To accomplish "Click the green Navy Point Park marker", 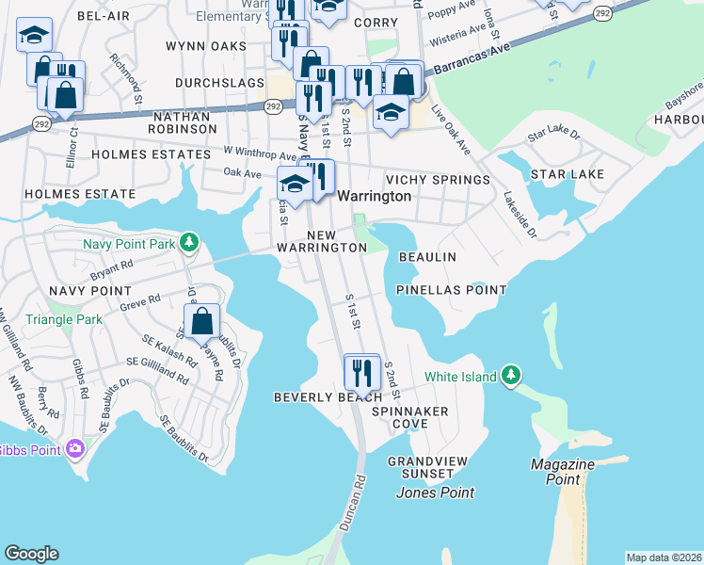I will coord(189,244).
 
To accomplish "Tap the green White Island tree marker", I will coord(511,377).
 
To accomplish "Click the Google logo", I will coord(31,554).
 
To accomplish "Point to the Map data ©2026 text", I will coord(664,557).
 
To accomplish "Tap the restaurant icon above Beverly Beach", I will coord(362,372).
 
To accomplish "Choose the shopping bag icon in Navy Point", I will coord(202,321).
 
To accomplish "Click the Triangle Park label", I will coord(64,320).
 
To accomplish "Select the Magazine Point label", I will coord(562,472).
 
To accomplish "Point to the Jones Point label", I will coord(435,492).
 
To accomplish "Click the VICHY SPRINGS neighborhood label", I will coord(438,180).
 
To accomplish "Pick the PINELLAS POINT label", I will coord(452,290).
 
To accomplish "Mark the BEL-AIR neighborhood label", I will coord(103,17).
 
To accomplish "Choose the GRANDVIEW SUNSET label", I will coord(433,468).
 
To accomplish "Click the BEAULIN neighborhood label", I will coord(427,257).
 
